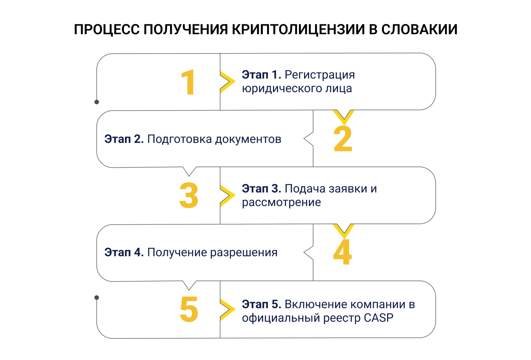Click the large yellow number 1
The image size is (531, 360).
(x=189, y=82)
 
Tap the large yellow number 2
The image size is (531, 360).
(x=343, y=139)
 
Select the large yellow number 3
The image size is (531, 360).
(x=189, y=196)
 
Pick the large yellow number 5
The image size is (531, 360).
(x=189, y=309)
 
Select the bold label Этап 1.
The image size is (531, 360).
(x=261, y=75)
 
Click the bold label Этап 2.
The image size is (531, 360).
(x=124, y=139)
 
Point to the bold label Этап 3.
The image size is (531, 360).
(x=261, y=189)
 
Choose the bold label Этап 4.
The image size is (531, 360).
(x=124, y=253)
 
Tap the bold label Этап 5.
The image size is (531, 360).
(x=261, y=305)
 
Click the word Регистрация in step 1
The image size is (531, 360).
(x=320, y=75)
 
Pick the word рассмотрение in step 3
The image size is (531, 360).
(x=281, y=203)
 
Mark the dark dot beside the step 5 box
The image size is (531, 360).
(x=97, y=297)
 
